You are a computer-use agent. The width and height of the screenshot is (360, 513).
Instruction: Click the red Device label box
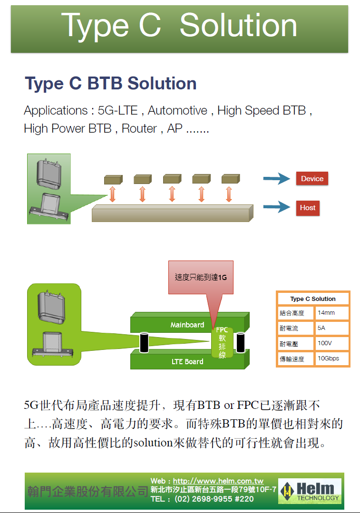tap(312, 179)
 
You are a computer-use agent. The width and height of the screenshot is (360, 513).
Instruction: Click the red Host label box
tap(308, 208)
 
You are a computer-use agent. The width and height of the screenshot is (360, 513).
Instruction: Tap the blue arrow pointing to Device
tap(276, 179)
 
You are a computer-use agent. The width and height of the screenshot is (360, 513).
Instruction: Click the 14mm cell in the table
tap(331, 313)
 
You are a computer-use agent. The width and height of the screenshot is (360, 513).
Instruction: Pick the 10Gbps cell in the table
tap(331, 358)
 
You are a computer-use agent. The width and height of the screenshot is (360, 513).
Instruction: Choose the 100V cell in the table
tap(331, 343)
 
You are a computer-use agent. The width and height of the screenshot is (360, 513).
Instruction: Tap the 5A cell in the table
tap(331, 328)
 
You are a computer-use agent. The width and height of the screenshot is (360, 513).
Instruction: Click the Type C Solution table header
tap(313, 299)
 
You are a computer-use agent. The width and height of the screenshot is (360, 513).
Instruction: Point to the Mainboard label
tap(187, 325)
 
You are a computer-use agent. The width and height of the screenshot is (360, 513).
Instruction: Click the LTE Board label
tap(187, 362)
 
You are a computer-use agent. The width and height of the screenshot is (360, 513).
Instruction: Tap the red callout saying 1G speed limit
tap(201, 277)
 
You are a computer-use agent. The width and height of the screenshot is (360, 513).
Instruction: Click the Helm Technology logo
tap(310, 491)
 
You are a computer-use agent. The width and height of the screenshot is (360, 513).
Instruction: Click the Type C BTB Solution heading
tap(110, 84)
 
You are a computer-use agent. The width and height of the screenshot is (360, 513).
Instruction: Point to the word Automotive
tap(177, 111)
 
